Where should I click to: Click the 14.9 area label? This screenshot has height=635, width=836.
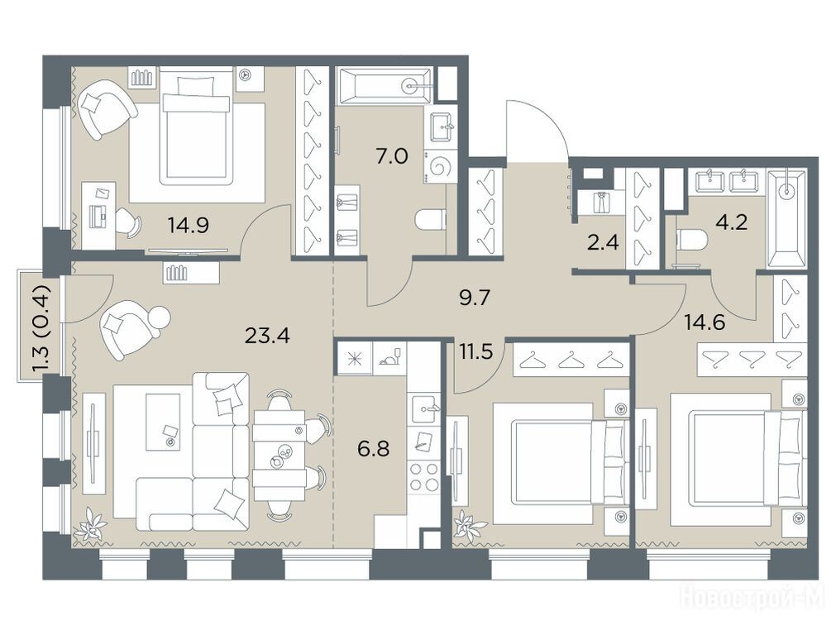point(189,226)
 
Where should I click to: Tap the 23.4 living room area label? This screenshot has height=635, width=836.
point(267,336)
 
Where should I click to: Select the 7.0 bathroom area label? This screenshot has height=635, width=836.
point(391,157)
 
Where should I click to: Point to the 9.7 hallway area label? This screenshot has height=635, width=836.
point(474,298)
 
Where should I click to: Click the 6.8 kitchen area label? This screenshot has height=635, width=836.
point(373,448)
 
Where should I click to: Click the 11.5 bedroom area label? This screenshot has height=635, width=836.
point(476,353)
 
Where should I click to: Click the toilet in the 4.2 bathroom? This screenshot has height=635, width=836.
point(691,240)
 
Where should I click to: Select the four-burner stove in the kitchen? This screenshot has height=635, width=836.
point(424,476)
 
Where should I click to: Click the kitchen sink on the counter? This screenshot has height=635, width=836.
point(425,409)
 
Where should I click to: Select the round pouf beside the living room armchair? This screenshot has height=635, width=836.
point(159,319)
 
